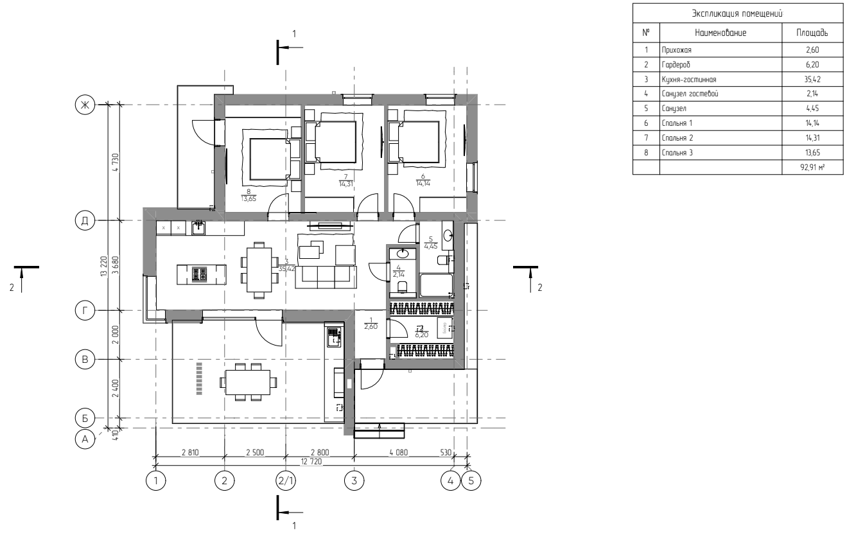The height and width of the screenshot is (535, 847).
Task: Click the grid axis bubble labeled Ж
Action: tap(83, 105)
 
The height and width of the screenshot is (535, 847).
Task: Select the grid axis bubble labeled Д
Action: tap(83, 220)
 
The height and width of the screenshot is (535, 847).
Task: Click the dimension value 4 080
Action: tap(399, 452)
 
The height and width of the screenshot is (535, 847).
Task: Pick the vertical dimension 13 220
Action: tap(103, 265)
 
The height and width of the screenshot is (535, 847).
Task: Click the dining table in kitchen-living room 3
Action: tap(259, 270)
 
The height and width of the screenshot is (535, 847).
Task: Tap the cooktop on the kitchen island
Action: tap(200, 275)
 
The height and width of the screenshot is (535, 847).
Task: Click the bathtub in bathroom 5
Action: tap(436, 285)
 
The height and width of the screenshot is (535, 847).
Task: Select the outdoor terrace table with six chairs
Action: tap(248, 382)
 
